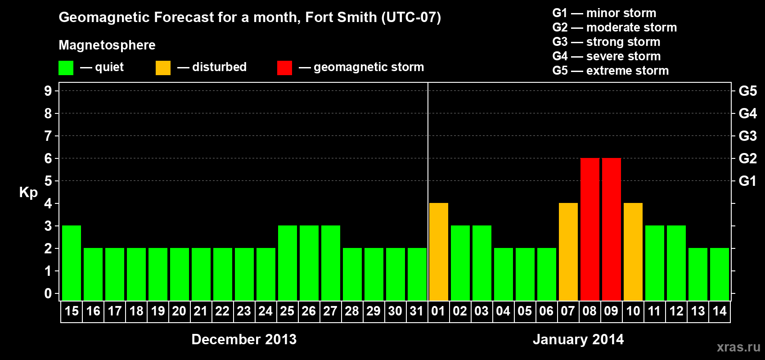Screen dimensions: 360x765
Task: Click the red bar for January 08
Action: coord(590,229)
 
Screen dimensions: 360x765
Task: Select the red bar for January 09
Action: coord(612,229)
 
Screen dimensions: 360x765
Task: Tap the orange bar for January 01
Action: coord(439,252)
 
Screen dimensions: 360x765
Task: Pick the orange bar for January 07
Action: coord(568,252)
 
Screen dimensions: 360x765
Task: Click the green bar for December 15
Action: coord(72,263)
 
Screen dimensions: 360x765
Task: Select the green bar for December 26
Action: coord(309,263)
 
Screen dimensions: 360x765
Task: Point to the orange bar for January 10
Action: coord(633,252)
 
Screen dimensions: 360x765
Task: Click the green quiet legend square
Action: coord(66,68)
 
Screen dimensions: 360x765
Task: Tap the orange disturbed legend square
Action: coord(163,68)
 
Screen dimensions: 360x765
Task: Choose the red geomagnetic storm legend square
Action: coord(284,68)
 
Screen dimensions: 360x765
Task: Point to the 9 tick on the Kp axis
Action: coord(48,91)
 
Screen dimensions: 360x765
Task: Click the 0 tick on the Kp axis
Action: coord(48,294)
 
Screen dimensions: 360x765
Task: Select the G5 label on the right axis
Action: coord(747,91)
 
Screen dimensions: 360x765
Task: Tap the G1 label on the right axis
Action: coord(747,181)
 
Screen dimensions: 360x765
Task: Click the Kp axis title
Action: coord(28,193)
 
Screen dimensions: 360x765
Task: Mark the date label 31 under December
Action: coord(417,311)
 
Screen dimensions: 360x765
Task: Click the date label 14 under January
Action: coord(720,311)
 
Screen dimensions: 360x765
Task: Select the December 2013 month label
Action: coord(244,339)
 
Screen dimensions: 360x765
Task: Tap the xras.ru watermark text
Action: coord(738,347)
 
